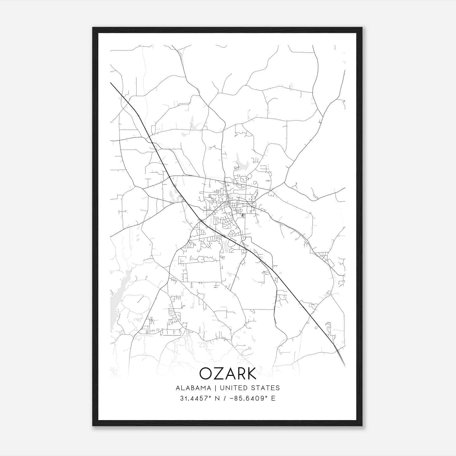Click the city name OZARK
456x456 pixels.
228,373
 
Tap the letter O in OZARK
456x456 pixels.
206,373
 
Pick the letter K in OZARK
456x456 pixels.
251,373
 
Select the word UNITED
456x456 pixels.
234,388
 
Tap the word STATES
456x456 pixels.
267,388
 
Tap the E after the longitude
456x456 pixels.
273,398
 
